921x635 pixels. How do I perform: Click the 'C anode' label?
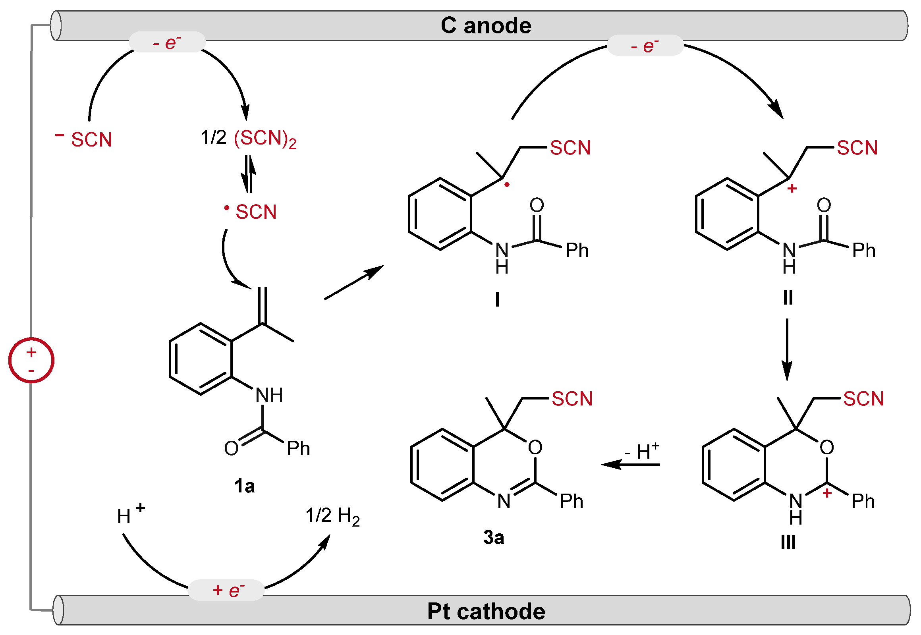(x=486, y=26)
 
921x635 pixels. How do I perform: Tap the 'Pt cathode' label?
(x=486, y=611)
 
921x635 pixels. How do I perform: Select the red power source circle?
(x=31, y=361)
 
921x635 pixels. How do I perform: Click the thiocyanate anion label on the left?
(x=84, y=139)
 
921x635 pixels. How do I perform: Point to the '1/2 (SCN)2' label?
(x=249, y=139)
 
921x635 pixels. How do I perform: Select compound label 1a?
(x=244, y=486)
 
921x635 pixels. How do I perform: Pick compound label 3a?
(x=494, y=538)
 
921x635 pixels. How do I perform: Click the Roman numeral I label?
(x=497, y=299)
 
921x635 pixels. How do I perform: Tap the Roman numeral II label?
(x=788, y=297)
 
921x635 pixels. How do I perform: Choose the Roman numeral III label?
(x=788, y=542)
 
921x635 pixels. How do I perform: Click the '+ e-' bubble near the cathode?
(x=226, y=591)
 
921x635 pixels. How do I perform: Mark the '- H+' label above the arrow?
(x=641, y=452)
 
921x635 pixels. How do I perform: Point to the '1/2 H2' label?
(x=332, y=516)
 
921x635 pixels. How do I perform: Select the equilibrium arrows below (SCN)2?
(x=249, y=174)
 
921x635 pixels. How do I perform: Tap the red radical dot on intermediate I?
(x=507, y=185)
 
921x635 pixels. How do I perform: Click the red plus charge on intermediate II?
(x=792, y=188)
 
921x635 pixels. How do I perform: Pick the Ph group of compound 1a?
(x=298, y=449)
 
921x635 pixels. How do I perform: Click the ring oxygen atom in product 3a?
(x=535, y=448)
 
